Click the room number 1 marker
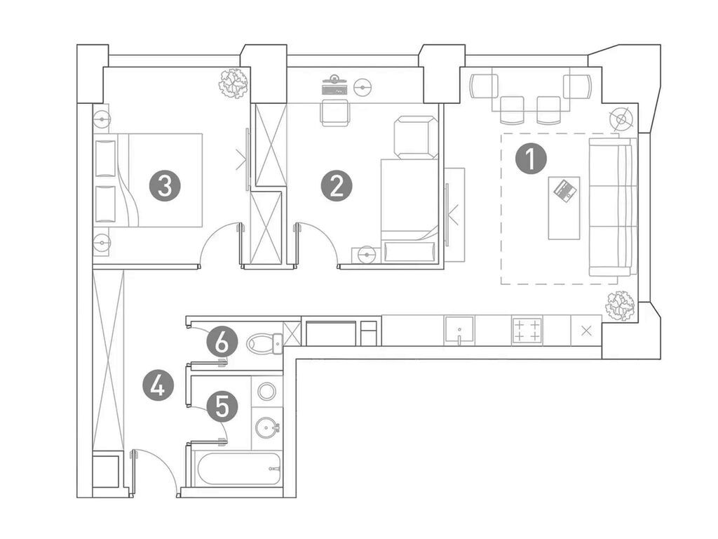[x=531, y=159]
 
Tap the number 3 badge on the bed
[x=165, y=187]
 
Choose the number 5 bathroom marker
[x=222, y=406]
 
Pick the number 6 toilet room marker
[x=222, y=342]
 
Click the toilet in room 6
[x=264, y=342]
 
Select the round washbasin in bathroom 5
[x=267, y=428]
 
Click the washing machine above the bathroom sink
[x=266, y=391]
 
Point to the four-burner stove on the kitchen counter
[x=527, y=331]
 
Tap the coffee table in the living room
[x=564, y=208]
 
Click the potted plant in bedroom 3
[x=234, y=83]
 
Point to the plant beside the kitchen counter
[x=620, y=306]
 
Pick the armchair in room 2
[x=415, y=137]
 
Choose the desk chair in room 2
[x=335, y=112]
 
